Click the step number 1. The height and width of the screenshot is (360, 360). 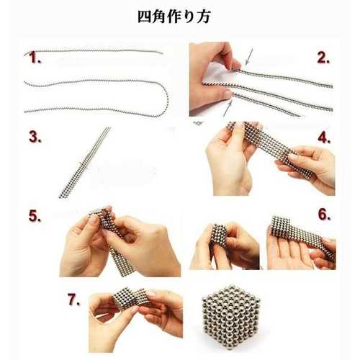[x=35, y=58]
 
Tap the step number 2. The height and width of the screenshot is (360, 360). [x=323, y=58]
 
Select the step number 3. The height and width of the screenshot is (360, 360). [x=35, y=137]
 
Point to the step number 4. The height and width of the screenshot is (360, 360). [x=324, y=138]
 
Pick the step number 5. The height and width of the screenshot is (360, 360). [x=35, y=216]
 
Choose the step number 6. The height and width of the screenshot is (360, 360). [x=324, y=215]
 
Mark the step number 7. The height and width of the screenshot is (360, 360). [x=74, y=300]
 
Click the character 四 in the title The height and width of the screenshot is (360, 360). [x=145, y=17]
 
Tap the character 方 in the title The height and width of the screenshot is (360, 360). [x=204, y=17]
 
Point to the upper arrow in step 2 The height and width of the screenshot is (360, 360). [x=249, y=56]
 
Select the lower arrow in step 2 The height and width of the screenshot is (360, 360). [x=228, y=109]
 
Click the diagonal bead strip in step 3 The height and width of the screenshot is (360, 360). [x=84, y=163]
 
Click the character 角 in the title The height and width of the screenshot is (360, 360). [x=159, y=17]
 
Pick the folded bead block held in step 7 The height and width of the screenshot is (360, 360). [x=130, y=297]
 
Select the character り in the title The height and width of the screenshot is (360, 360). [x=189, y=17]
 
